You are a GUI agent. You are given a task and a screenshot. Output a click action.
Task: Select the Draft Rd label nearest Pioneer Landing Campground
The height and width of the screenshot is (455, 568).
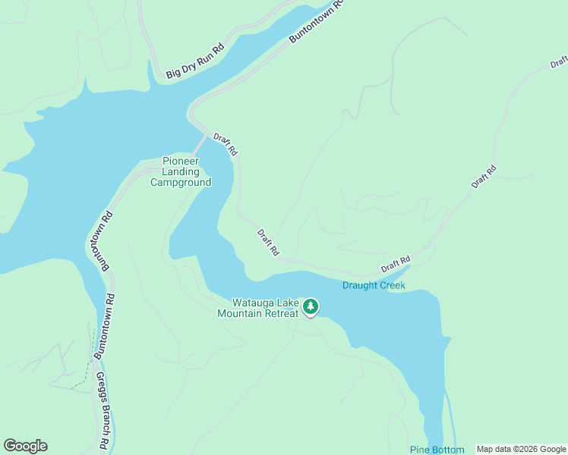coord(226,144)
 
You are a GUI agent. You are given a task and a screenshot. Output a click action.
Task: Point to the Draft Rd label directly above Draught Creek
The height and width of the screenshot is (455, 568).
coord(396,264)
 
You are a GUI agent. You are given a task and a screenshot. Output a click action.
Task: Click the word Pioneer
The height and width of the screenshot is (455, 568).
coord(181,162)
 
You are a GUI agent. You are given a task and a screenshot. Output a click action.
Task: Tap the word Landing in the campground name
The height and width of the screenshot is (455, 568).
coord(181,171)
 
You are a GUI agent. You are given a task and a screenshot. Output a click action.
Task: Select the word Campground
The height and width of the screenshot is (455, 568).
coord(181,182)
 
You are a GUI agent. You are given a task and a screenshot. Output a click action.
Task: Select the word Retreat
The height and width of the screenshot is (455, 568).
coord(282,313)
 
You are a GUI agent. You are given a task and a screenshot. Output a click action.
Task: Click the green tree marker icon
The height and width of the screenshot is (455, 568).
coord(311,306)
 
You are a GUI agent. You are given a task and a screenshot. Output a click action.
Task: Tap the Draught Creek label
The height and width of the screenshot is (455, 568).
coord(374,285)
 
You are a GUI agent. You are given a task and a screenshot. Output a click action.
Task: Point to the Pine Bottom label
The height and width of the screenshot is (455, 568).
coord(437,450)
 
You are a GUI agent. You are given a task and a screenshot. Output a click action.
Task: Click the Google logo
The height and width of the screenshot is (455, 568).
coord(25,446)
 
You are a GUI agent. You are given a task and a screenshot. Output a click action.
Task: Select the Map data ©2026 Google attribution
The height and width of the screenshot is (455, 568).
coord(522,450)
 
